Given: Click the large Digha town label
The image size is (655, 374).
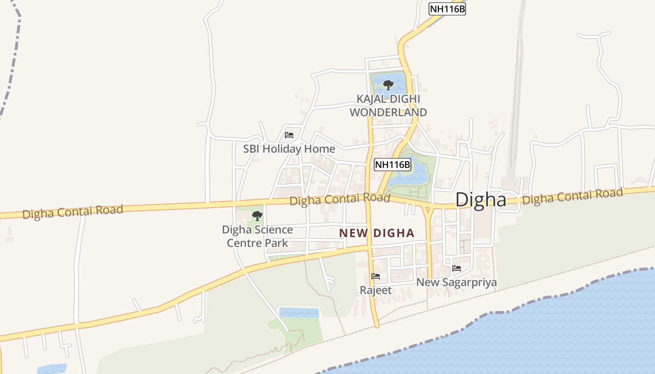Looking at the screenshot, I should pos(480,200).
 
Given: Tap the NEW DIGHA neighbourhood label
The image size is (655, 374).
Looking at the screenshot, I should pos(377,233).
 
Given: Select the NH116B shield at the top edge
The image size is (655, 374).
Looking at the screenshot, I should pos(447,9).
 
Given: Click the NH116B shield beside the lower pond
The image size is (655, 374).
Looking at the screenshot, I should pos(393,164).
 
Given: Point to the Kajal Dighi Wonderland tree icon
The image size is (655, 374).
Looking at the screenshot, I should pos(388,85).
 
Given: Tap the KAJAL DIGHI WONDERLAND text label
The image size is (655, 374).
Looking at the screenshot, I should pos(388,106).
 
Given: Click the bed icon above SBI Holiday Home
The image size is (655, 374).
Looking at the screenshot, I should pos(289,135).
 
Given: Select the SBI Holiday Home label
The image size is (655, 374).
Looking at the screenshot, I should pos(289,149).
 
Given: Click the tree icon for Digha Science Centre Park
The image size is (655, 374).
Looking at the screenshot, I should pos(257,216).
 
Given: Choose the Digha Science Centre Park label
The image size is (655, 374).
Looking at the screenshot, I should pos(257,236).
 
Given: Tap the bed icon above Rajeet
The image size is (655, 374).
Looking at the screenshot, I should pos(376,276).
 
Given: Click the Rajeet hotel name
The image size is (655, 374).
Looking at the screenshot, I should pos(376,290).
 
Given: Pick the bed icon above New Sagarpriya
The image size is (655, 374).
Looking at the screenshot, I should pos(457,268).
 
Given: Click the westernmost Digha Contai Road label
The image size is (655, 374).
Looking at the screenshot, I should pos(73,211).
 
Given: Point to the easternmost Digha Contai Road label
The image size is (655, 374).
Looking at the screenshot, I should pos(573,196).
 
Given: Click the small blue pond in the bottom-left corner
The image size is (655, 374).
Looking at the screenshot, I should pos(51,369).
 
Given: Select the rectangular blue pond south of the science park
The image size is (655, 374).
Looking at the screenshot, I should pos(298,313).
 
